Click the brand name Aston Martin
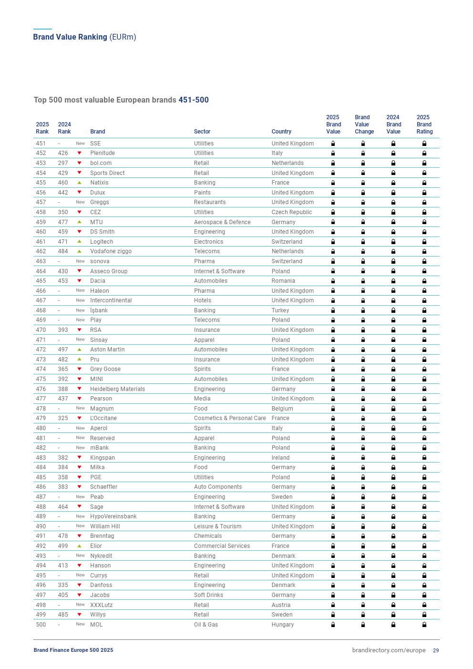coord(107,350)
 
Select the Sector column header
coord(202,132)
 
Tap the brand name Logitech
coord(102,242)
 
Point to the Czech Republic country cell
coord(292,212)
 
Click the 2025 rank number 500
coord(41,625)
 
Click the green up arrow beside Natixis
coord(80,183)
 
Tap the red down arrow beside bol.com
coord(80,163)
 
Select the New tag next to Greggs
coord(80,202)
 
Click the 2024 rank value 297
coord(63,163)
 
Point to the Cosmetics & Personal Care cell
coord(230,418)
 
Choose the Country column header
coord(281,132)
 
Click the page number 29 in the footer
coord(436,650)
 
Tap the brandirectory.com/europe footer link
coord(389,650)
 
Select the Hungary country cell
coord(283,625)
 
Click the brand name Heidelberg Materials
coord(117,389)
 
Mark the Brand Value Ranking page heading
coord(84,37)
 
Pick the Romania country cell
coord(283,281)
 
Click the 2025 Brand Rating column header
coord(424,124)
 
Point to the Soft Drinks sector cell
coord(208,595)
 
